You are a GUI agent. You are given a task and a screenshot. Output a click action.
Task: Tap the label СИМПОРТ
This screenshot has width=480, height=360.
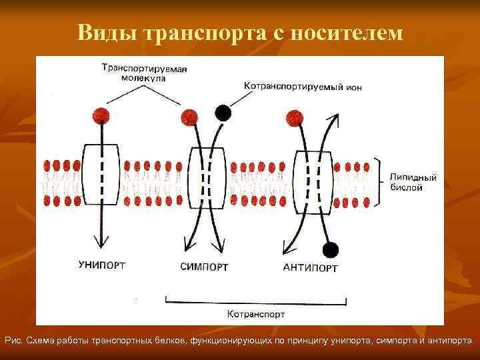click(x=204, y=267)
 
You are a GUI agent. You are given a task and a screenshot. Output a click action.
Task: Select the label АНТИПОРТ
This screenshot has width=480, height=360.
click(x=310, y=268)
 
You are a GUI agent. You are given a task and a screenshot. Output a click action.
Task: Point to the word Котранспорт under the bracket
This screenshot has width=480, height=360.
click(x=256, y=313)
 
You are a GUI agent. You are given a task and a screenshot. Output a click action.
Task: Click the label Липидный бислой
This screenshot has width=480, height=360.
click(x=413, y=183)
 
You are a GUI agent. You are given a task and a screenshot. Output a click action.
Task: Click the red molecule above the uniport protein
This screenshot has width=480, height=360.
click(x=101, y=115)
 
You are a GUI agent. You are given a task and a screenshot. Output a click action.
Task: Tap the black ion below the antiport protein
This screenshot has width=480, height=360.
click(x=329, y=250)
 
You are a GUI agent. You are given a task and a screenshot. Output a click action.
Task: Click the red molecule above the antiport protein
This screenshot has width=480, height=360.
click(x=294, y=119)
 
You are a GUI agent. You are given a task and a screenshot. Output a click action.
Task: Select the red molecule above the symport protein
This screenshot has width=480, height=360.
click(x=189, y=119)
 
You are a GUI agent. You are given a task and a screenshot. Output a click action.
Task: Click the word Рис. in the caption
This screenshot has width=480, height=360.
click(x=14, y=341)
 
